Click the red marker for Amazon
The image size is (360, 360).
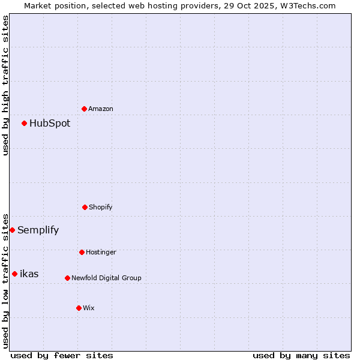(x=84, y=109)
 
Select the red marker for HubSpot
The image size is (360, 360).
(x=24, y=123)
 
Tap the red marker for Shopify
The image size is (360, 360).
(x=85, y=207)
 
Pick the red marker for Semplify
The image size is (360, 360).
(x=12, y=230)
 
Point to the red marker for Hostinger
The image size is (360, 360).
(x=82, y=252)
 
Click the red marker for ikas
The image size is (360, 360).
(x=14, y=274)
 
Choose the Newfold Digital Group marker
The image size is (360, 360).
(x=67, y=278)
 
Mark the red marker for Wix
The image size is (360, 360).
(x=79, y=308)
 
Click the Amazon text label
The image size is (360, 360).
(x=101, y=109)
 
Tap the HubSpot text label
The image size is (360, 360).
(x=50, y=123)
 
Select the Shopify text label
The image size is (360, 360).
(x=101, y=207)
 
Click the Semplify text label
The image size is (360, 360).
(x=38, y=230)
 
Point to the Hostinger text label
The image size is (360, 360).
(x=101, y=252)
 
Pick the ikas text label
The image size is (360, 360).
(x=29, y=274)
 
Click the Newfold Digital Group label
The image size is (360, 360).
(x=106, y=278)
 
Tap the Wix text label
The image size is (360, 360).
(x=89, y=308)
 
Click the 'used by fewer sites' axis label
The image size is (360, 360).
(x=62, y=355)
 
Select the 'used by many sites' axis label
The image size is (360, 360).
(x=301, y=355)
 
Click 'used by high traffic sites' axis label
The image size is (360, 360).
(x=5, y=85)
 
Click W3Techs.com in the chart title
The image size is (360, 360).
(x=307, y=5)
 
